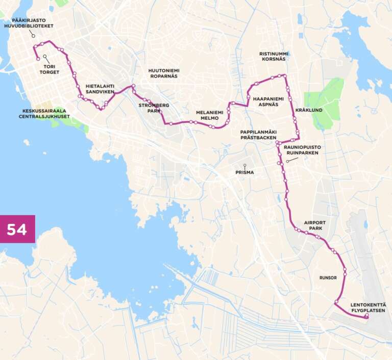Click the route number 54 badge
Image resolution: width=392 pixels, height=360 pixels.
[x=17, y=229]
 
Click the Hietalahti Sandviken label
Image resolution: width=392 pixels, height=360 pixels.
[x=100, y=89]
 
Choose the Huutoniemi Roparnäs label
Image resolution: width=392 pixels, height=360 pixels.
[x=163, y=73]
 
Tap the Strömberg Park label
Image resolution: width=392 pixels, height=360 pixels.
[x=154, y=108]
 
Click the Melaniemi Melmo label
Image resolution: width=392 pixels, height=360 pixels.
[x=209, y=115]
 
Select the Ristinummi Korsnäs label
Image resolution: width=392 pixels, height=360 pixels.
[x=272, y=56]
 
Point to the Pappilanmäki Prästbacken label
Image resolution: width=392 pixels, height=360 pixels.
[x=258, y=135]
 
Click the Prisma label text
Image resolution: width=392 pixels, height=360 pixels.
[x=244, y=172]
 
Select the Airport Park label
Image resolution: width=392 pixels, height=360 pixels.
[x=314, y=226]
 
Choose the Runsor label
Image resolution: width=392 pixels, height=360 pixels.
[x=328, y=278]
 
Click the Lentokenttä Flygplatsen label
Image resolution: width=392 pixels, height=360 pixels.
[x=368, y=307]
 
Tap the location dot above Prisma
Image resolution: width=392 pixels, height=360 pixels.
[x=244, y=165]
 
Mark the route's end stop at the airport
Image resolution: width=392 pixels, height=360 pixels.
[x=366, y=317]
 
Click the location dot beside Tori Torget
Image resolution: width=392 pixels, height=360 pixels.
[x=45, y=57]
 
